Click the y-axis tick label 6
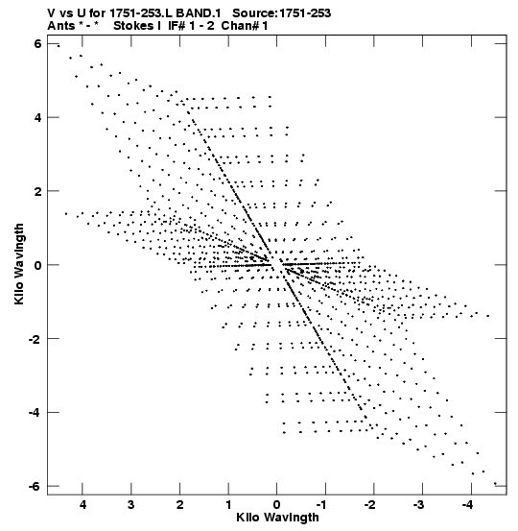click(37, 43)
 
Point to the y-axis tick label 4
click(37, 117)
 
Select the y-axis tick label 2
click(37, 191)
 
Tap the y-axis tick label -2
click(35, 338)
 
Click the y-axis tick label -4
click(35, 412)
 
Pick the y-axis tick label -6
click(35, 486)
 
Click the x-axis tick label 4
click(82, 505)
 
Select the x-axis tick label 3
click(130, 505)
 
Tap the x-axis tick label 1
click(228, 505)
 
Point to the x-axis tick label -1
click(322, 505)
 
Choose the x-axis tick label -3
click(419, 505)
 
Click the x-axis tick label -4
click(467, 505)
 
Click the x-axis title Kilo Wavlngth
click(277, 518)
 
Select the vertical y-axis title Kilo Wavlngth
click(19, 264)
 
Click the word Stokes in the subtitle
click(133, 26)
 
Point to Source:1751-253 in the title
click(281, 13)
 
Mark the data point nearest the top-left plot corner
click(59, 46)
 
